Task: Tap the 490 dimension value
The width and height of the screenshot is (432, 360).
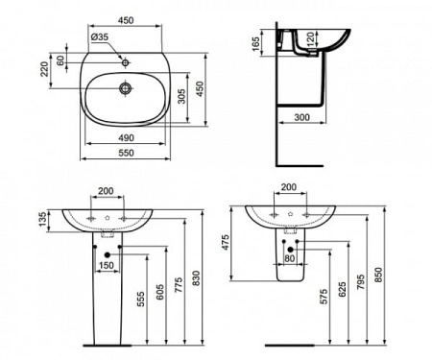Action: (x=126, y=137)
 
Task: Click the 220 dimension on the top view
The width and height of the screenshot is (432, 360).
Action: (x=43, y=69)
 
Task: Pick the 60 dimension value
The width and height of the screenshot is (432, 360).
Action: (x=62, y=60)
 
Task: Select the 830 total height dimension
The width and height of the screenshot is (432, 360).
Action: (x=197, y=277)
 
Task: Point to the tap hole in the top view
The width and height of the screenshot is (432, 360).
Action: (x=125, y=60)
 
